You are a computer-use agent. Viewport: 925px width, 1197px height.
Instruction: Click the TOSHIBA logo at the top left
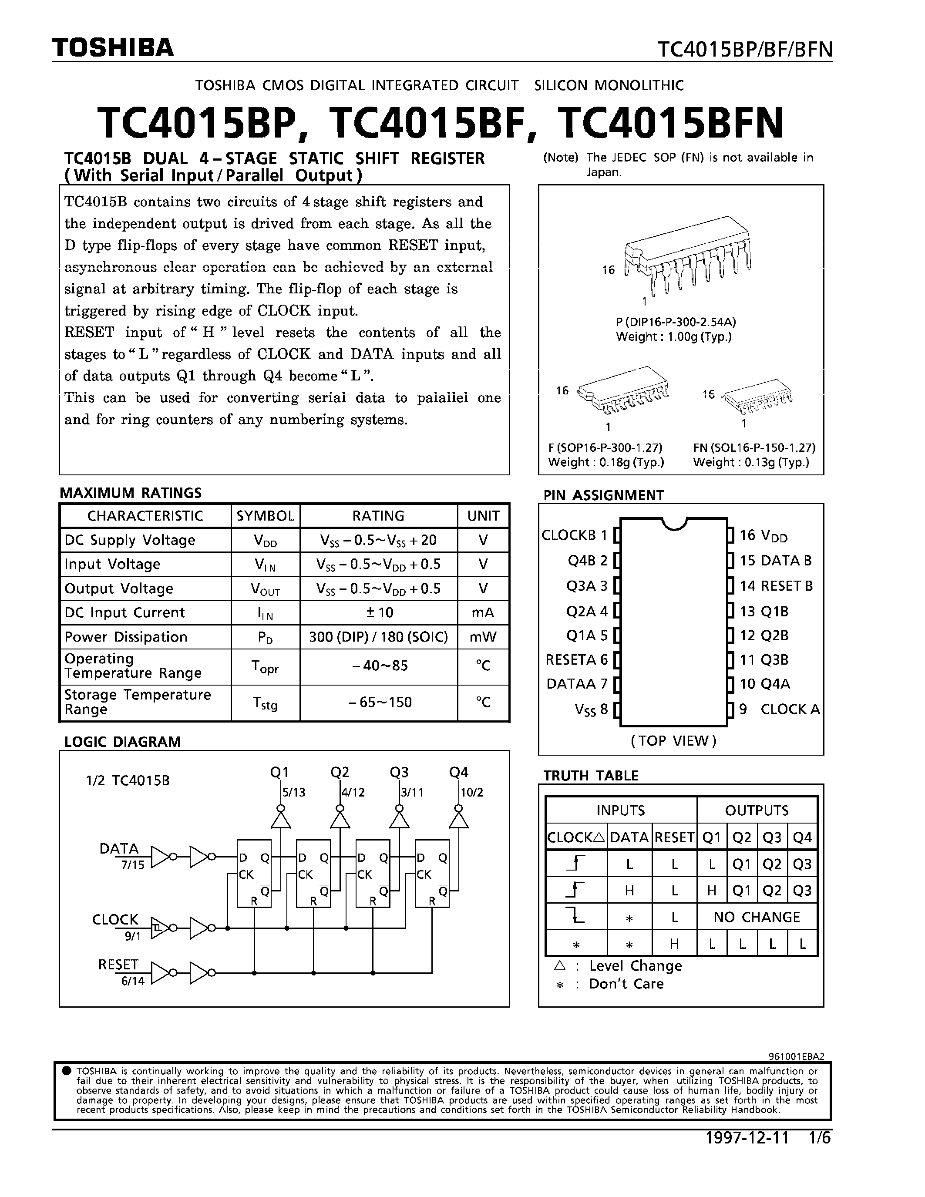click(112, 48)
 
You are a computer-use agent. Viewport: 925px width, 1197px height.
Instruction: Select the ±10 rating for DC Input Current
click(378, 612)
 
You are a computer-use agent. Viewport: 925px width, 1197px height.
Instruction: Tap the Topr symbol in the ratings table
click(265, 667)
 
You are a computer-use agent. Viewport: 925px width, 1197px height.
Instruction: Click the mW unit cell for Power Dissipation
click(483, 637)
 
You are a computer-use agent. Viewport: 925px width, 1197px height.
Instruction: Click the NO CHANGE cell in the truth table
click(757, 917)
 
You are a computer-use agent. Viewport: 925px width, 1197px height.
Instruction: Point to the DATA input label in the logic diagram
click(119, 848)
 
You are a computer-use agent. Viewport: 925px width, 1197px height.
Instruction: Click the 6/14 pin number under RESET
click(133, 981)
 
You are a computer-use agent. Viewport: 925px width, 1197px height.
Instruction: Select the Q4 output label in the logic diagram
click(459, 772)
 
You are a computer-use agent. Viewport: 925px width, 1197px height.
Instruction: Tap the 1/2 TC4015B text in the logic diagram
click(128, 780)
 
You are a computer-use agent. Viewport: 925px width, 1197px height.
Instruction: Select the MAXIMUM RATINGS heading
click(131, 493)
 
